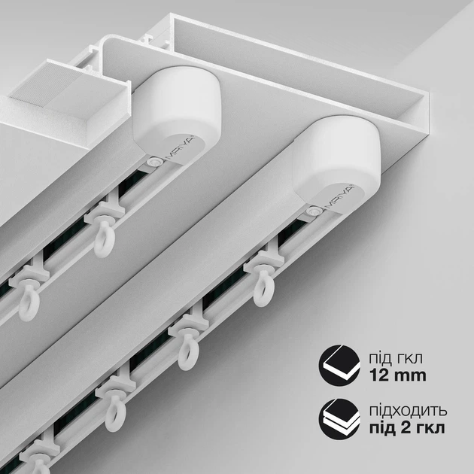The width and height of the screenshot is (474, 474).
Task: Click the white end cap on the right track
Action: tap(336, 164)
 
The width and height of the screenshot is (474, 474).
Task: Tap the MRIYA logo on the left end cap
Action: tap(181, 148)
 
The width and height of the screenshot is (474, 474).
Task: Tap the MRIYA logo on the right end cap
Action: tap(340, 198)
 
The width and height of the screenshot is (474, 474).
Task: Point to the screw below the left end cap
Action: tap(154, 161)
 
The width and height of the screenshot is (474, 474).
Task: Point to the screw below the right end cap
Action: tap(312, 211)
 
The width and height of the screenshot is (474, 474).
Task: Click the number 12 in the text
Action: tap(380, 375)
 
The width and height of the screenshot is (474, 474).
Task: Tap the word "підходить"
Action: tap(408, 412)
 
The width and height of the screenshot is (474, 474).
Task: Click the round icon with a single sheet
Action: tap(339, 365)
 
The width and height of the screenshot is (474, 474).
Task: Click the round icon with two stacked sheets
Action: tap(339, 418)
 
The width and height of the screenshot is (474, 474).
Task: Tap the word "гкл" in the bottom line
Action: tap(431, 429)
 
